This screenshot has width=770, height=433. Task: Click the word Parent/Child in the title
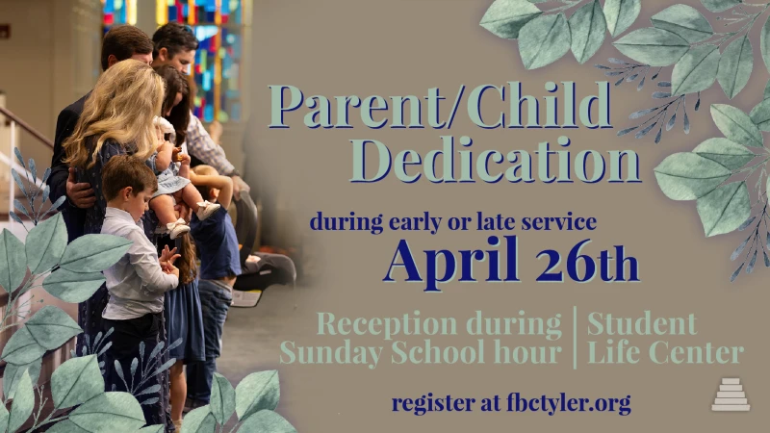pyautogui.click(x=441, y=107)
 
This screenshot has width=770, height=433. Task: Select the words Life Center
pyautogui.click(x=665, y=353)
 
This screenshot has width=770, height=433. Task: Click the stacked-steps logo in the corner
pyautogui.click(x=731, y=395)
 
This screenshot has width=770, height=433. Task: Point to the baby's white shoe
pyautogui.click(x=207, y=208)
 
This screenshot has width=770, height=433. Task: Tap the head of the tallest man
pyautogui.click(x=175, y=44)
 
